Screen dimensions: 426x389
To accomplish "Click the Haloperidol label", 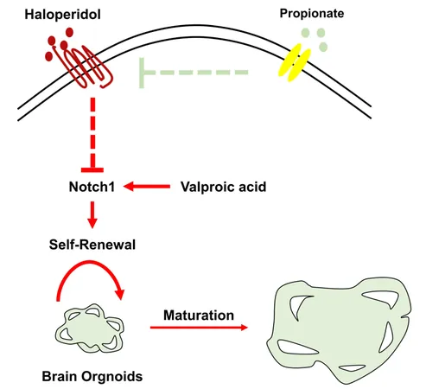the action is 62,15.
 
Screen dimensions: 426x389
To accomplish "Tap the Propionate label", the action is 312,14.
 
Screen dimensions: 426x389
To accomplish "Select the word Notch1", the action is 92,187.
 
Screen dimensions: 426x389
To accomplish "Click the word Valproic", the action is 204,187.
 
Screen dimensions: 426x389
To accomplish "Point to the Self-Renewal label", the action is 92,245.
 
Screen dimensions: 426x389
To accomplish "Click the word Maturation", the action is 199,316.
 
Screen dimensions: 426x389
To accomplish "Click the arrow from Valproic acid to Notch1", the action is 147,187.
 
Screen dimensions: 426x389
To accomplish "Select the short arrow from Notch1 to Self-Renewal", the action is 92,215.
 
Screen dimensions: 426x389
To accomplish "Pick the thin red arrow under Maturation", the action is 199,328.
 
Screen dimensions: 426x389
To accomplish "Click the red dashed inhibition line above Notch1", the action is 92,135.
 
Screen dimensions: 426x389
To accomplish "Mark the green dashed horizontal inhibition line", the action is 194,73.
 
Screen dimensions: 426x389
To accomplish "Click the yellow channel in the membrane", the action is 295,63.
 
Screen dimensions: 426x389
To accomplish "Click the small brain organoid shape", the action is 90,328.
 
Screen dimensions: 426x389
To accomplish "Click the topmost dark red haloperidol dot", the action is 69,32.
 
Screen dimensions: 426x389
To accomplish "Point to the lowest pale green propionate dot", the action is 323,47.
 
